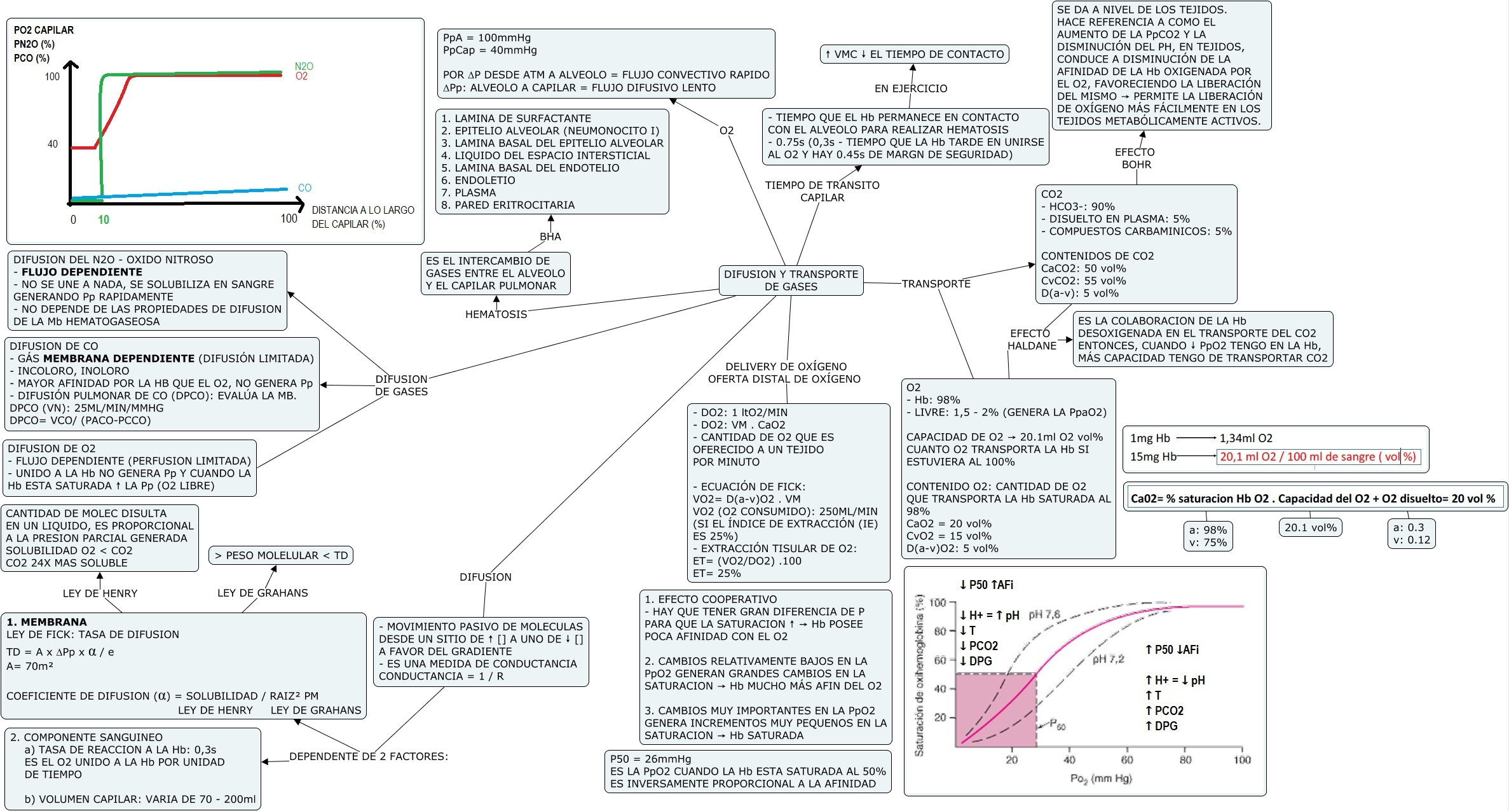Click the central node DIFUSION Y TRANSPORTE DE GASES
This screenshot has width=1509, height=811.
(x=791, y=281)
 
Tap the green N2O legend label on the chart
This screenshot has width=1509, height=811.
(x=304, y=66)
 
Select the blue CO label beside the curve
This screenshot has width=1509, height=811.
(x=304, y=188)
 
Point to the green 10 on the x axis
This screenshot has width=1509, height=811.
(x=104, y=219)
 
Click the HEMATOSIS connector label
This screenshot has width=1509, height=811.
(x=496, y=314)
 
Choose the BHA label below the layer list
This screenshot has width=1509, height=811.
(x=550, y=237)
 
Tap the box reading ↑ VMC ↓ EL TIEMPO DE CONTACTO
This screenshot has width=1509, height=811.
(x=914, y=54)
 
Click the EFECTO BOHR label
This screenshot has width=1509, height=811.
(x=1135, y=158)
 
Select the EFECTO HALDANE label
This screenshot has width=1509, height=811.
(x=1031, y=340)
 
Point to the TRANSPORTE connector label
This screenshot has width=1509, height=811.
(x=936, y=284)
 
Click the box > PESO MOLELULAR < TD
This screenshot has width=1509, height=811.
(x=281, y=555)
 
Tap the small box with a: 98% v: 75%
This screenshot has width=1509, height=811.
(x=1208, y=536)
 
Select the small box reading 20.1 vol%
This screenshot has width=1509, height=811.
(x=1310, y=527)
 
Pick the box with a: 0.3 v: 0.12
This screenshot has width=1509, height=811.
(x=1411, y=534)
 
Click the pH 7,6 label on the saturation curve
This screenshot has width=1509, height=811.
(x=1044, y=614)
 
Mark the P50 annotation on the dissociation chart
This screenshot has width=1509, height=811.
(x=1057, y=724)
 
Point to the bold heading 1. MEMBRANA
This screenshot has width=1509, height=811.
(x=46, y=622)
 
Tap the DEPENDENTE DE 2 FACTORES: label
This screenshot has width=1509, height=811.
(x=369, y=756)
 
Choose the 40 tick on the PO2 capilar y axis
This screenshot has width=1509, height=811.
(x=53, y=144)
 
